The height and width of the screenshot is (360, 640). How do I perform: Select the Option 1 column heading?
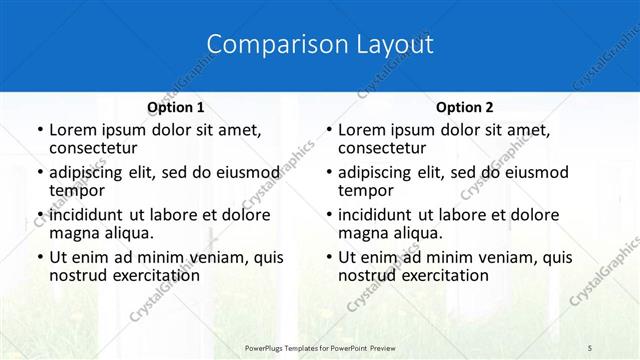175,107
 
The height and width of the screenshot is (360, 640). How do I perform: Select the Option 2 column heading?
465,107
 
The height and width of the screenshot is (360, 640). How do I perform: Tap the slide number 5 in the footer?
590,347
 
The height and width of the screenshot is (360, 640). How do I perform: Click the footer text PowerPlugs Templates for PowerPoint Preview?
320,347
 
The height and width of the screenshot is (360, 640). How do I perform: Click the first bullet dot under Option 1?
39,130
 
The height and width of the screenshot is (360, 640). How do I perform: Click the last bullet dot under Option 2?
328,257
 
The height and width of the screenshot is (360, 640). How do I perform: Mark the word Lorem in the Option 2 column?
362,130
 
